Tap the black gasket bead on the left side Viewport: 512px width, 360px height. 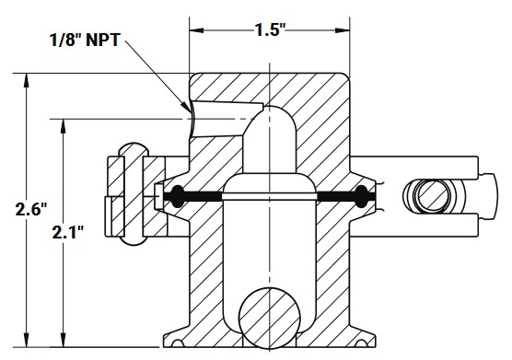pyautogui.click(x=176, y=194)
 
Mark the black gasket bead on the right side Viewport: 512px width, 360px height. pyautogui.click(x=362, y=194)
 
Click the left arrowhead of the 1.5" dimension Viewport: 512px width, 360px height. pyautogui.click(x=195, y=29)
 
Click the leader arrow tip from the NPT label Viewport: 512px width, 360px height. pyautogui.click(x=191, y=115)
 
